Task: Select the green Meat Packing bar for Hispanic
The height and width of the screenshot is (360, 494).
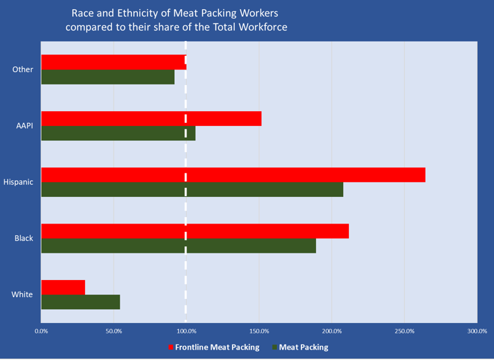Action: pos(192,189)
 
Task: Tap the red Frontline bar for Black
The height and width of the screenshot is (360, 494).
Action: pos(194,231)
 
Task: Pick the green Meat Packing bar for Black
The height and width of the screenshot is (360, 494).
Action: pos(178,246)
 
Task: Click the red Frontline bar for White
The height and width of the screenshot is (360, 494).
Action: pos(63,287)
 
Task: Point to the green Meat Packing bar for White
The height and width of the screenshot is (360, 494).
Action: pos(80,302)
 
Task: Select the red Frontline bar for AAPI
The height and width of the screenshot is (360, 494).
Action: pos(151,118)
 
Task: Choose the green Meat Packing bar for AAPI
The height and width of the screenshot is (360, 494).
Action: pos(118,133)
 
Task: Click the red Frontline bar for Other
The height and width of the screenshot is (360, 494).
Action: pos(113,62)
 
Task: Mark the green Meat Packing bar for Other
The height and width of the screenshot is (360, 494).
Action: pos(107,77)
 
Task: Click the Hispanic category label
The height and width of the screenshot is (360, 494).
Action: pos(18,182)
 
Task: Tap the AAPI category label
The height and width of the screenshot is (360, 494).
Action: pos(24,125)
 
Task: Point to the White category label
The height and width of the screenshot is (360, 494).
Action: pos(22,295)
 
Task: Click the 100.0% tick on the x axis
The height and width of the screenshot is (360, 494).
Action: pos(186,331)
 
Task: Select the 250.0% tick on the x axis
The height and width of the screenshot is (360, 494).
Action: pos(404,331)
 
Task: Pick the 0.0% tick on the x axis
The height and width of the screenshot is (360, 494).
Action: pos(41,331)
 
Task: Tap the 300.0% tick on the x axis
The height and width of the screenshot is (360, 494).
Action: pos(477,331)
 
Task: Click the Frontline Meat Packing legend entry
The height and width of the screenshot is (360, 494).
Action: pos(216,347)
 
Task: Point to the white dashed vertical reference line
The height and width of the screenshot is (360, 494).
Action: pos(186,208)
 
